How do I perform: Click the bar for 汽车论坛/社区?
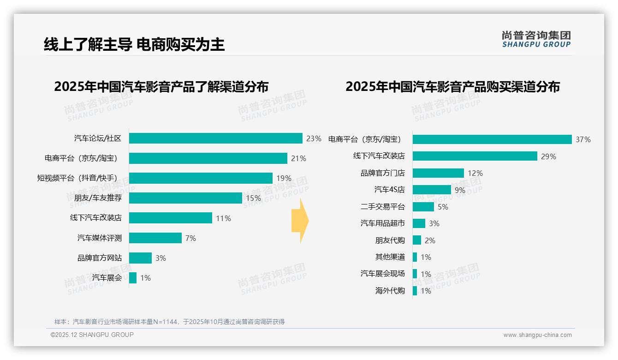(215, 138)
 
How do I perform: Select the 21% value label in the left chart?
(298, 158)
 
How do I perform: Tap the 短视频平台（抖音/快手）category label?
(77, 178)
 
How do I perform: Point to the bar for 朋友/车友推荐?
(185, 198)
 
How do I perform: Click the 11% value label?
(223, 218)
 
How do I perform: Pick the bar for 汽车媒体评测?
(155, 238)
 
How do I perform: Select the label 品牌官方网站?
(100, 258)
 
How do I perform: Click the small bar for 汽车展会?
(133, 278)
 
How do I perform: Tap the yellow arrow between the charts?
(300, 221)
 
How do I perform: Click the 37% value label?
(583, 139)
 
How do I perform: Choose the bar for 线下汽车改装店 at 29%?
(475, 156)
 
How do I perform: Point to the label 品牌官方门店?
(382, 173)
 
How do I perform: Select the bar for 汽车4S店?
(432, 190)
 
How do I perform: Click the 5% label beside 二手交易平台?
(443, 207)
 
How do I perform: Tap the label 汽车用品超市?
(382, 223)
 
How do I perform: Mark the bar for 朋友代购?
(417, 240)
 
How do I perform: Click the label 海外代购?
(390, 291)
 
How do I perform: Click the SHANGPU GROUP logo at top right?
(536, 39)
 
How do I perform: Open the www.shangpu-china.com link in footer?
(537, 335)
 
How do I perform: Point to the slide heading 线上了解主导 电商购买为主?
(134, 44)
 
